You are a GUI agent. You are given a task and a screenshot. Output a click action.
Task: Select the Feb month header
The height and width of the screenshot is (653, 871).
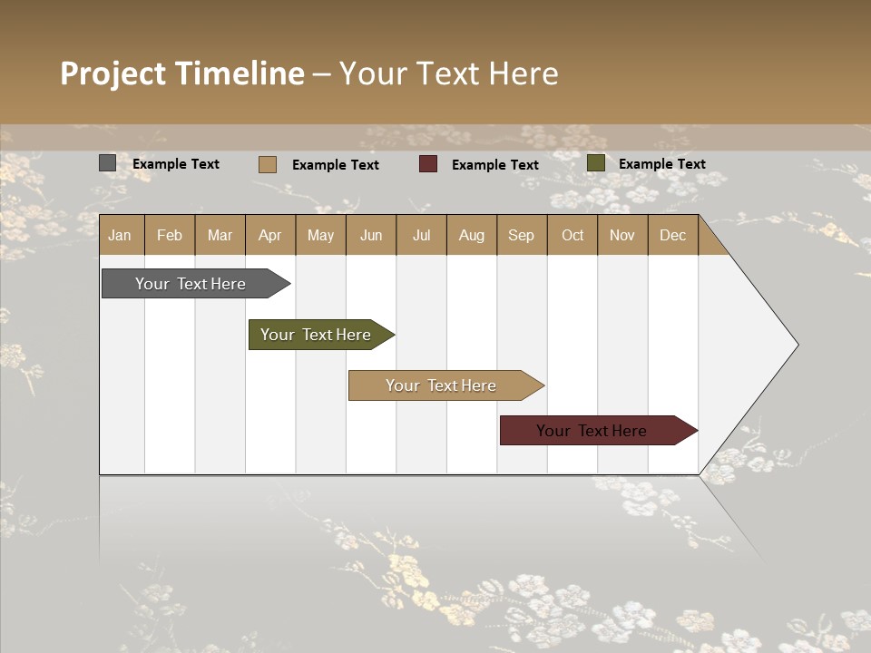tap(170, 235)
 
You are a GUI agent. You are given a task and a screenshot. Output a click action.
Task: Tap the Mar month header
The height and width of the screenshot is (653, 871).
tap(220, 235)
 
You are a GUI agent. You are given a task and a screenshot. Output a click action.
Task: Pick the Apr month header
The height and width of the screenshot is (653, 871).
tap(270, 235)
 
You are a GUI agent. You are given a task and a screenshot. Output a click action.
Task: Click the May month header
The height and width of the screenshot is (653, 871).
tap(320, 235)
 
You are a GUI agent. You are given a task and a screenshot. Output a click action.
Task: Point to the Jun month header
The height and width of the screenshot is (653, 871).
tap(371, 235)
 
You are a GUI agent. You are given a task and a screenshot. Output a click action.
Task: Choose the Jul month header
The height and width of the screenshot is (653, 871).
tap(421, 235)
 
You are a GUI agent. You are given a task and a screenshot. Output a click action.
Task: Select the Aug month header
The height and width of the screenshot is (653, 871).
tap(472, 235)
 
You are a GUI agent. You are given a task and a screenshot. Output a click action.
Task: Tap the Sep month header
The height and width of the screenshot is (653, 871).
tap(522, 235)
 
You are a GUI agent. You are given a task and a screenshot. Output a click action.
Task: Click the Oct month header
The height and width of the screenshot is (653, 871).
tap(573, 235)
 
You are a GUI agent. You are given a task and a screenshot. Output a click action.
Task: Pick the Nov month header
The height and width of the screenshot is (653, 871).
tap(622, 235)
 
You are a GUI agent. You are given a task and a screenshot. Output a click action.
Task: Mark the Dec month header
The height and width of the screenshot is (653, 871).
tap(673, 235)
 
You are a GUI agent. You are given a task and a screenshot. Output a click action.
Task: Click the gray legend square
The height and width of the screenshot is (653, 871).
tap(108, 163)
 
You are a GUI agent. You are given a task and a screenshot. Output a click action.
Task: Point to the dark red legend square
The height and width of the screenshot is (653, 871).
tap(428, 164)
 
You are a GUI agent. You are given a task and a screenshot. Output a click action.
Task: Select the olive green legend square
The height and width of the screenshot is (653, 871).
tap(596, 163)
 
